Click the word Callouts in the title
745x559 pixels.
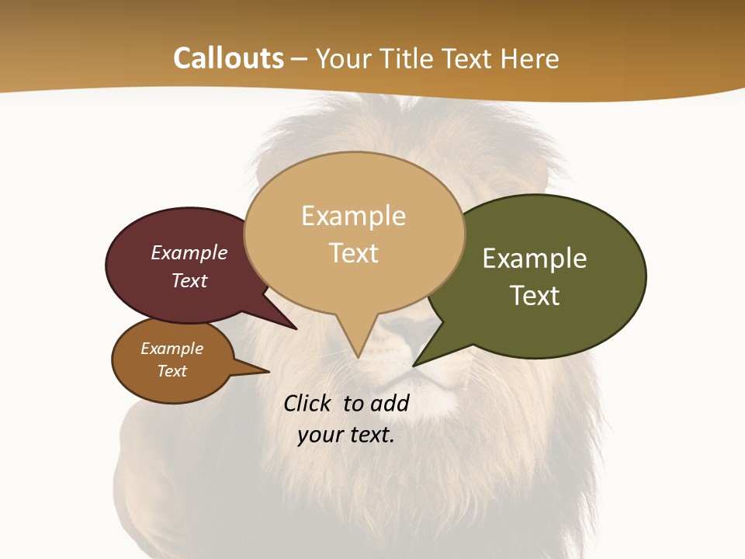(x=228, y=58)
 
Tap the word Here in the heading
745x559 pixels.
(x=529, y=58)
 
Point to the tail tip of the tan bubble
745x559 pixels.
(x=358, y=357)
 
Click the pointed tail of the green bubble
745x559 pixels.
(x=414, y=364)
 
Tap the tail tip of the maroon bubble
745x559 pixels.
(x=296, y=329)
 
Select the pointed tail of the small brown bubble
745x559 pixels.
(x=268, y=372)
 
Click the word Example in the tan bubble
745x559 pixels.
(x=353, y=216)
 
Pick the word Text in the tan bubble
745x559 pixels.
(x=353, y=253)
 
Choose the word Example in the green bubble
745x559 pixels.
(x=535, y=259)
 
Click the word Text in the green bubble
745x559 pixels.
(x=535, y=296)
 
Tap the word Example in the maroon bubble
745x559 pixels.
(x=189, y=253)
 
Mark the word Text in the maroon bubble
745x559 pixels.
(x=189, y=280)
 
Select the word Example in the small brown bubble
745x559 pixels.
(x=172, y=349)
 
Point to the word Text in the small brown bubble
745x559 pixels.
(x=172, y=371)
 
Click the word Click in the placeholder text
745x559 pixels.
(x=309, y=403)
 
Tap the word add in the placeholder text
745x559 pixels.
(x=390, y=403)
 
